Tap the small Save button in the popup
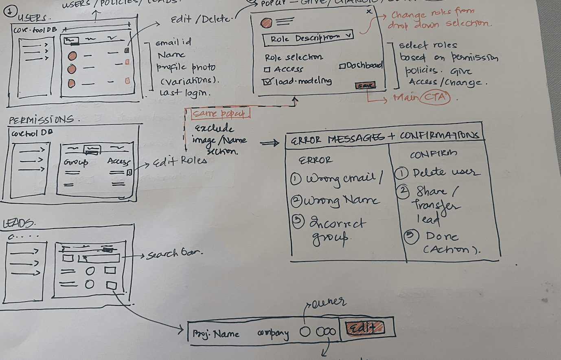pyautogui.click(x=365, y=86)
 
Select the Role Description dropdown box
pyautogui.click(x=307, y=38)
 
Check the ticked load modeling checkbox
pyautogui.click(x=267, y=81)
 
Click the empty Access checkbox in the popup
pyautogui.click(x=267, y=70)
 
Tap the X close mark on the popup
pyautogui.click(x=369, y=11)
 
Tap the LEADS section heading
pyautogui.click(x=19, y=224)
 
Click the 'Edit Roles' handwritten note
pyautogui.click(x=180, y=161)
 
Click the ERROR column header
pyautogui.click(x=316, y=160)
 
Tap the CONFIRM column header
pyautogui.click(x=433, y=154)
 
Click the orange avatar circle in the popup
pyautogui.click(x=266, y=22)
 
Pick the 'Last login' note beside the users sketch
pyautogui.click(x=185, y=93)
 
